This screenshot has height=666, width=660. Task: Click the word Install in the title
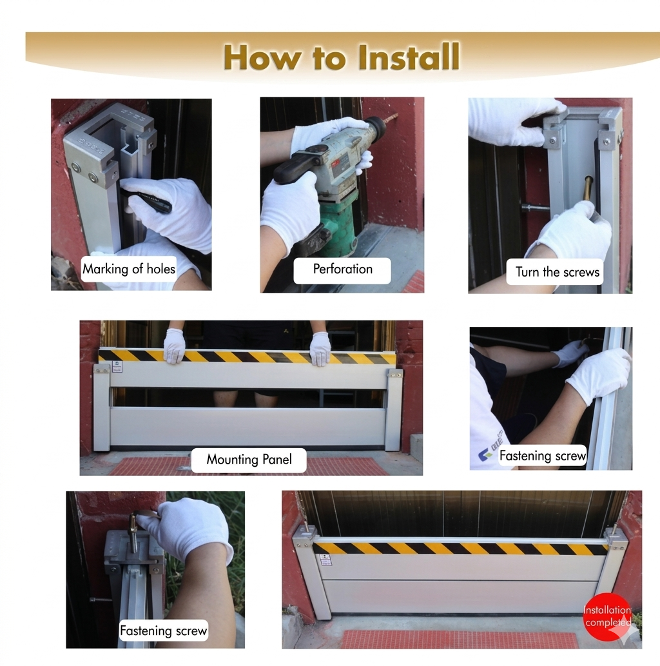click(x=408, y=57)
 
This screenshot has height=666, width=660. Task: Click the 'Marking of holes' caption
click(x=129, y=269)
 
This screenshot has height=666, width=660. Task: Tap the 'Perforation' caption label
click(x=342, y=269)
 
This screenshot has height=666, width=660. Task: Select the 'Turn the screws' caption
click(x=558, y=271)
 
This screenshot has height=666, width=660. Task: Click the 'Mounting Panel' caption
click(x=249, y=460)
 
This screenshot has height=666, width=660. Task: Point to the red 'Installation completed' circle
click(x=607, y=616)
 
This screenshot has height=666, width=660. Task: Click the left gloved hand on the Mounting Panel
click(x=174, y=345)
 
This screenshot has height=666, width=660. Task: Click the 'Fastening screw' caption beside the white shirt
click(x=542, y=456)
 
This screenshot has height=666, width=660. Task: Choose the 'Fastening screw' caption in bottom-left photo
click(x=164, y=631)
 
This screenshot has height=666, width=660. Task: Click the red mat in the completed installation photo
click(x=459, y=639)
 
